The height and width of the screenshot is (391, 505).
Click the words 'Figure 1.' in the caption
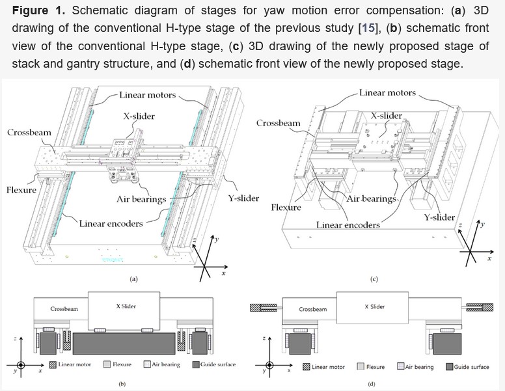click(x=36, y=11)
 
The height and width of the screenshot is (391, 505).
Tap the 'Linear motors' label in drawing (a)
click(x=147, y=95)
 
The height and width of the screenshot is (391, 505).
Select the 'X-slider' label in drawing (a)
click(x=139, y=116)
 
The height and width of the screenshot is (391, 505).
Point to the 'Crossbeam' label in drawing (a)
click(x=29, y=133)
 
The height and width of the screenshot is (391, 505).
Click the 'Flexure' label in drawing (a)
click(x=21, y=190)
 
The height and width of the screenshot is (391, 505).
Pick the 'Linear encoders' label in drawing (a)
click(x=111, y=224)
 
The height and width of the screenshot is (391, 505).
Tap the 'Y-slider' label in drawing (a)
click(x=243, y=198)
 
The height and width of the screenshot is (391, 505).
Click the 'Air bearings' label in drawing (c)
click(x=372, y=198)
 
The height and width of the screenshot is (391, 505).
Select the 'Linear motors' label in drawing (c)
click(x=387, y=93)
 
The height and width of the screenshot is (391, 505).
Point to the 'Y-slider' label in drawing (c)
click(x=439, y=217)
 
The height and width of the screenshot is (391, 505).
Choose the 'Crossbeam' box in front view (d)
click(x=312, y=310)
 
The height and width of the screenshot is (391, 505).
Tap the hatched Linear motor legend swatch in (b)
click(x=53, y=364)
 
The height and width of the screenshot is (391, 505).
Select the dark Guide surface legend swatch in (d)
click(x=449, y=367)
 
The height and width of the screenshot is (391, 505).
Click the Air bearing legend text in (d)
click(x=419, y=367)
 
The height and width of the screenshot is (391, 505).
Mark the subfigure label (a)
click(x=133, y=279)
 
